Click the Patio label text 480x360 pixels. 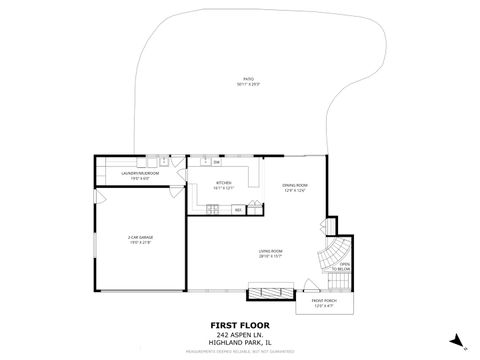click(246, 80)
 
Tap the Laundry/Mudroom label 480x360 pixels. click(140, 176)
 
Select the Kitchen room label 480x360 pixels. click(224, 184)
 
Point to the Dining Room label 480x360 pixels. click(294, 186)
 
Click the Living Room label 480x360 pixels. click(271, 253)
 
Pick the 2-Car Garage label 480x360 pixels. click(140, 239)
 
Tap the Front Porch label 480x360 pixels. click(323, 303)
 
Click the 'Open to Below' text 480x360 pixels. click(344, 266)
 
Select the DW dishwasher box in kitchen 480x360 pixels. click(216, 161)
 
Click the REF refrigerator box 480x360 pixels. click(238, 210)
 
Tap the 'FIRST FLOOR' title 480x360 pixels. click(239, 325)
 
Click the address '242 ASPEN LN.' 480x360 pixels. click(239, 333)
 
